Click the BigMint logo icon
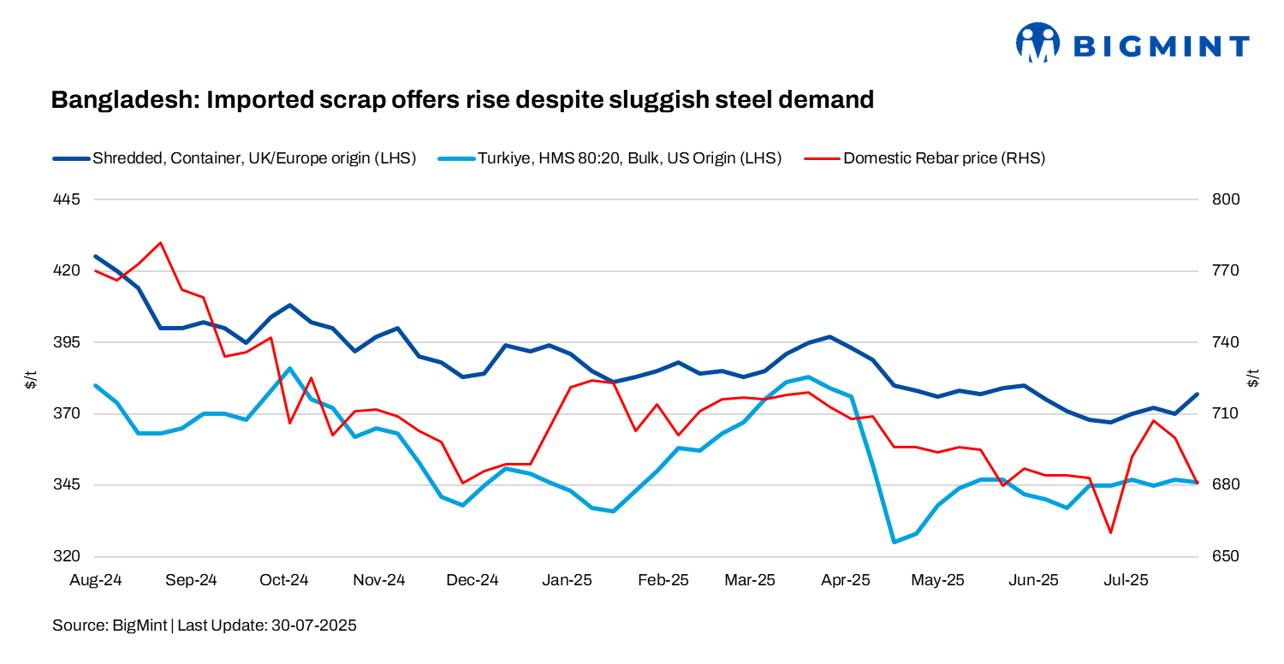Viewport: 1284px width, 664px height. point(1037,43)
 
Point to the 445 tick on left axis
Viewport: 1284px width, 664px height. point(66,199)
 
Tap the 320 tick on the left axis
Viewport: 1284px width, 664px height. point(66,556)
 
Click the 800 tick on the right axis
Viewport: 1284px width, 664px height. point(1228,199)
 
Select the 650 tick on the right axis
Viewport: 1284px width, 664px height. point(1228,556)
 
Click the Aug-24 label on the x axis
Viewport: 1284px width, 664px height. point(95,580)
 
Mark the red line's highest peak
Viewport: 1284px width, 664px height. point(160,243)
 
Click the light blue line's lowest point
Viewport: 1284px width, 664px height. point(895,542)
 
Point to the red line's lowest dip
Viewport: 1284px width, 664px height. point(1110,532)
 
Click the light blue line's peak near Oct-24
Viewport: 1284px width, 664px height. point(290,369)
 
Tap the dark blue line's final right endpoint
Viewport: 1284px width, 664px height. point(1197,394)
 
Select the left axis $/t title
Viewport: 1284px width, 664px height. point(31,378)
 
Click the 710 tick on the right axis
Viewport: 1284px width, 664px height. point(1228,413)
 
